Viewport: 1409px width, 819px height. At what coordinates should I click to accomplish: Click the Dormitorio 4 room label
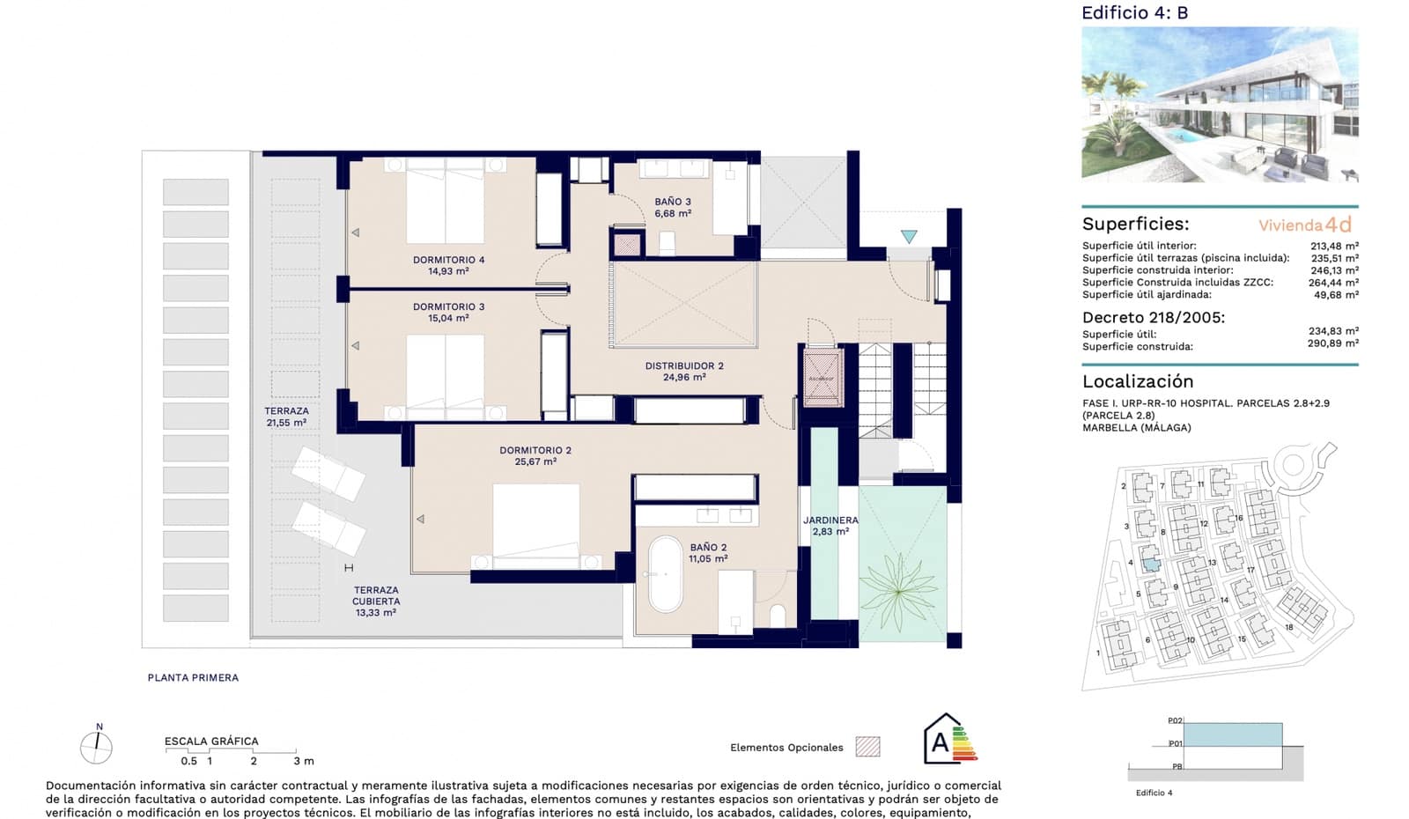pos(448,265)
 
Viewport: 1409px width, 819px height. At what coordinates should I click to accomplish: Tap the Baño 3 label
pos(673,207)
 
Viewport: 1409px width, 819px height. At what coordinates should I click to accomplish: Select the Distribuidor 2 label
pos(684,371)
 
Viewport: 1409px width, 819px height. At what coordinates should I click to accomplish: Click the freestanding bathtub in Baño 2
pos(666,574)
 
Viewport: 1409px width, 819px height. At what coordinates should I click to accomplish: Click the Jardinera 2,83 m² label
pos(830,526)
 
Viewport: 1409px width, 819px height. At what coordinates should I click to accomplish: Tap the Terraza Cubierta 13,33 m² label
pos(376,601)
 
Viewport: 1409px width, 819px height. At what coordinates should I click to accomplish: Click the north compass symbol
pos(96,747)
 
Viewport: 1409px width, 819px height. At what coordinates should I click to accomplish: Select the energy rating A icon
pos(948,741)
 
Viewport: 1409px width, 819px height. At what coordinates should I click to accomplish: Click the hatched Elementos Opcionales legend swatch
pos(867,747)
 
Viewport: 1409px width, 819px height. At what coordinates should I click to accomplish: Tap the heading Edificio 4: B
pos(1134,12)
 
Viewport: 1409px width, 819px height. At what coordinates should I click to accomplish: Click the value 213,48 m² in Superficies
pos(1333,246)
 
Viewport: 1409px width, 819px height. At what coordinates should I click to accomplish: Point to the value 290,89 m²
pos(1332,343)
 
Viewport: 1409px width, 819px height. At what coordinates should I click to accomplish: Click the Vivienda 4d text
pos(1304,225)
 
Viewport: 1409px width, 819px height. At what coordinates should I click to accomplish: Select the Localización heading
pos(1138,381)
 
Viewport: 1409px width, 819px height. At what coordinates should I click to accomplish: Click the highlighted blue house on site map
pos(1150,557)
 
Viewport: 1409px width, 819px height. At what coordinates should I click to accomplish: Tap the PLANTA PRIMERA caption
pos(193,677)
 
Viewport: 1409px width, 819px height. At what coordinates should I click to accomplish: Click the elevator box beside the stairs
pos(823,378)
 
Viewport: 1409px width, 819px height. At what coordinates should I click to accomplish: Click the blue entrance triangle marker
pos(909,237)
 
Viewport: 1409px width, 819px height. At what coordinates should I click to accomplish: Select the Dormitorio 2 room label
pos(535,455)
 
